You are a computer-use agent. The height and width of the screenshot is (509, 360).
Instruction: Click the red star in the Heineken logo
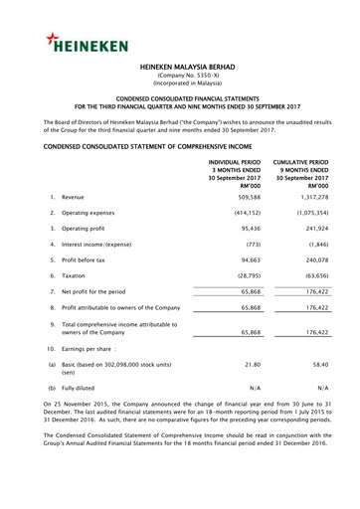(x=53, y=39)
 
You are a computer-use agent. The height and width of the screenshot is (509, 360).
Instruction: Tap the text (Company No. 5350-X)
(x=180, y=83)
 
